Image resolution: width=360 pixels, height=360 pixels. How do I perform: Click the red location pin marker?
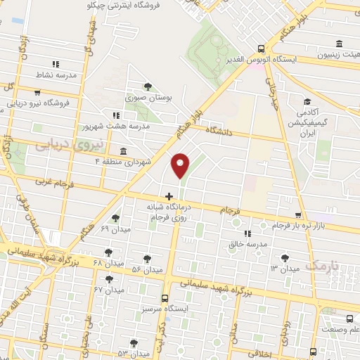[181, 165]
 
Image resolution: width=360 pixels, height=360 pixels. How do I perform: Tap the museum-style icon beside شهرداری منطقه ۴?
[124, 152]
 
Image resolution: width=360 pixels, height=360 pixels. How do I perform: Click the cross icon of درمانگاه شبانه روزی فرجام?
[168, 195]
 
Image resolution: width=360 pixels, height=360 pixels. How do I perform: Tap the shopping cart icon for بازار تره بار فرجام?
[299, 216]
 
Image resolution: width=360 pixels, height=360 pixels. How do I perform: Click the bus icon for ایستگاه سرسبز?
[165, 298]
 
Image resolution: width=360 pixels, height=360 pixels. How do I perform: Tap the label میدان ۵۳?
[131, 353]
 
